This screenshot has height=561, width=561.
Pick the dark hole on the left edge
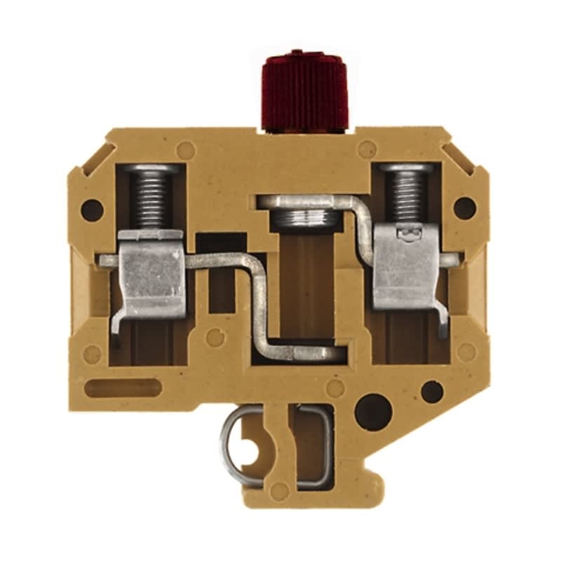pyautogui.click(x=92, y=208)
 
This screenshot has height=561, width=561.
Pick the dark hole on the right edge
pyautogui.click(x=464, y=207)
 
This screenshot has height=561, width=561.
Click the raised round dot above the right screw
pyautogui.click(x=367, y=149)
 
